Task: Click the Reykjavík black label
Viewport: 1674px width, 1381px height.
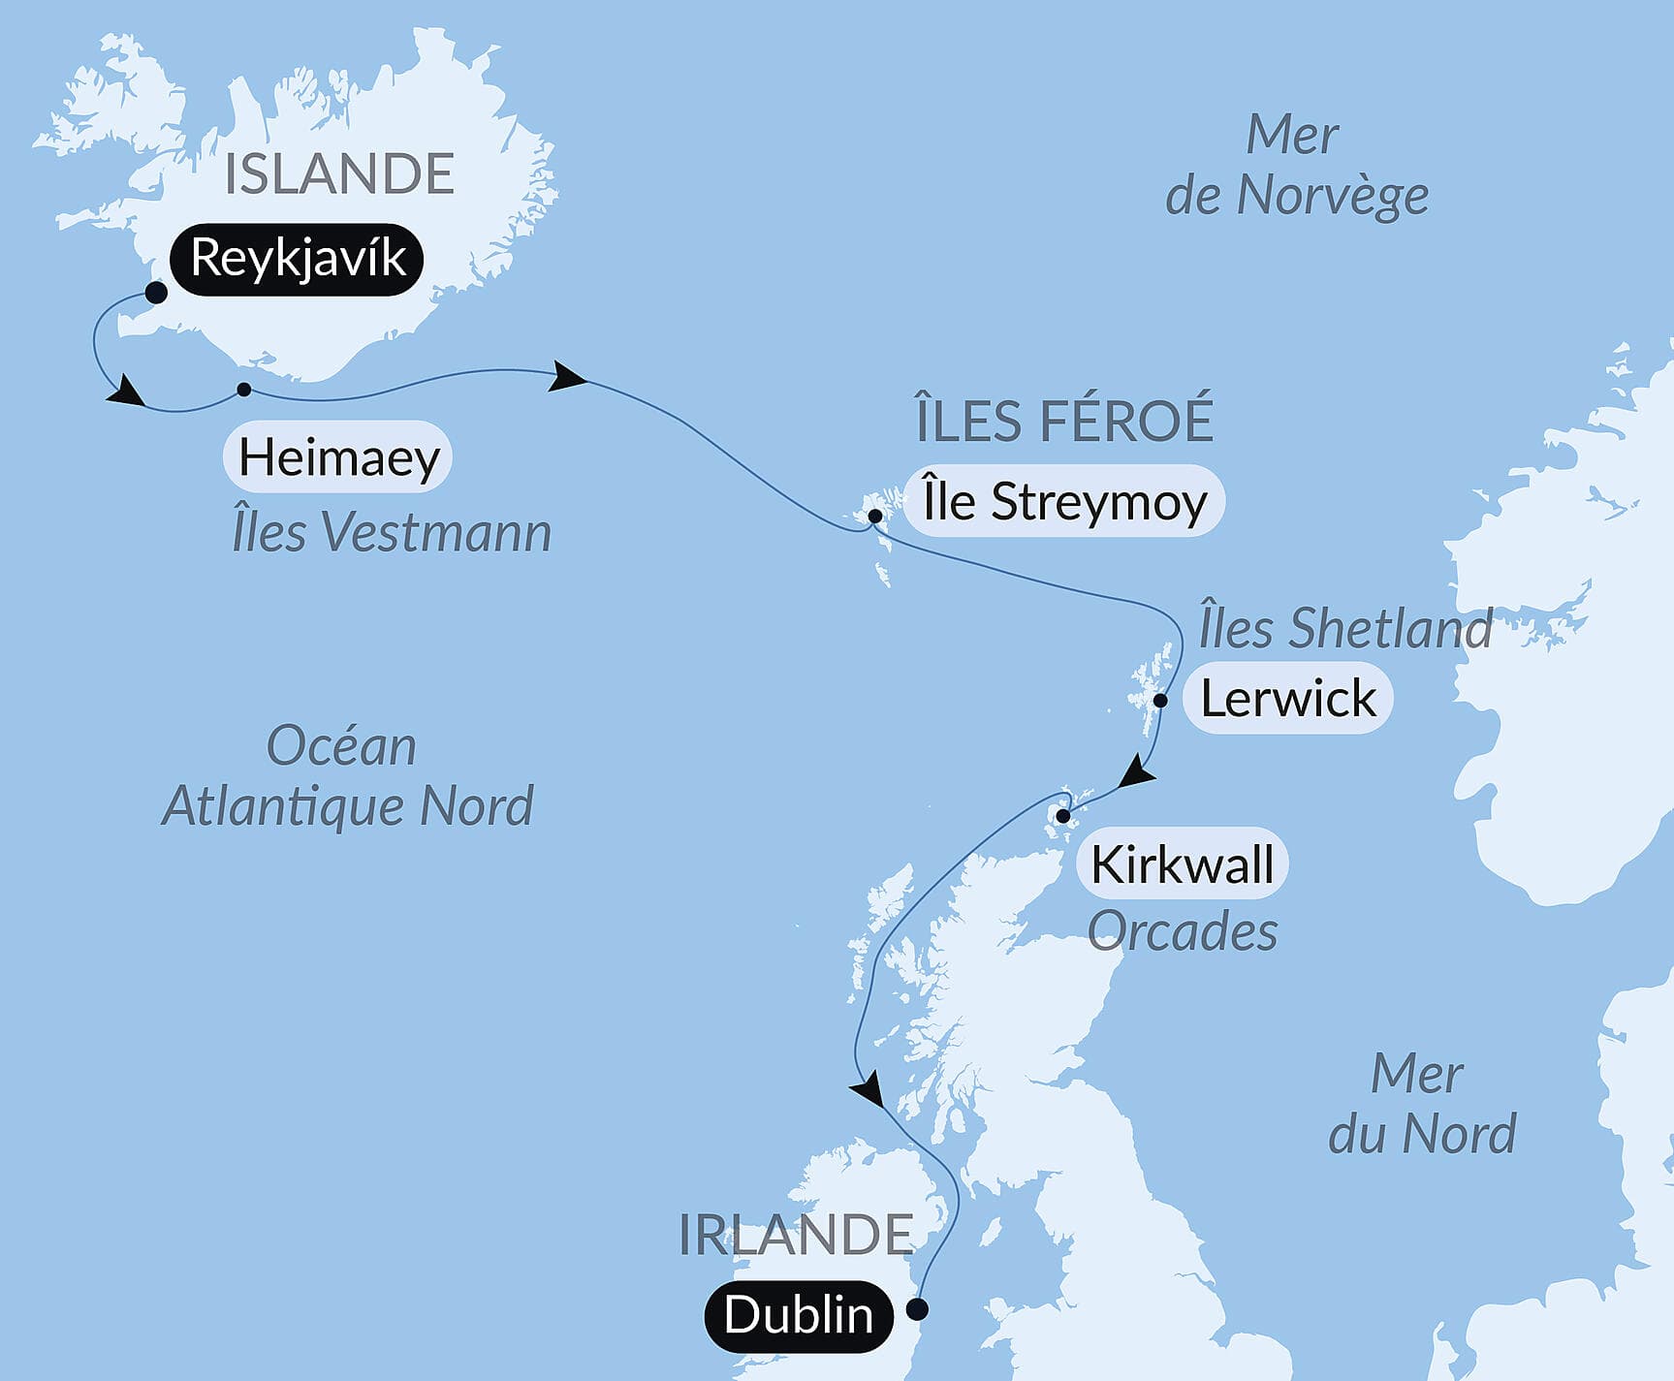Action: [x=297, y=259]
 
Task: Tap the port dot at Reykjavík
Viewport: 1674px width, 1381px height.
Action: [x=155, y=293]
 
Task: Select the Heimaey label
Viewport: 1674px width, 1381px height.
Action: [x=338, y=456]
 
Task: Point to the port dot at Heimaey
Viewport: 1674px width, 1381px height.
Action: [x=244, y=390]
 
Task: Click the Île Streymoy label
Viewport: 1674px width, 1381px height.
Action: [x=1063, y=502]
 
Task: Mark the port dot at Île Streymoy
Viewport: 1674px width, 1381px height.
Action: [x=875, y=517]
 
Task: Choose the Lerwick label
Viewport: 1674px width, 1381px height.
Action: [x=1287, y=699]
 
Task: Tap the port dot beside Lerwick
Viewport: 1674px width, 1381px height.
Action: [x=1160, y=700]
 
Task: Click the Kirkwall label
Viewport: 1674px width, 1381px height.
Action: [x=1182, y=863]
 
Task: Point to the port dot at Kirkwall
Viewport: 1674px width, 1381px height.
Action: [x=1063, y=816]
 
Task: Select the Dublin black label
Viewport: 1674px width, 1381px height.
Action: [x=798, y=1315]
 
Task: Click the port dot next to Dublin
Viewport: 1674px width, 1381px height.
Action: [x=917, y=1310]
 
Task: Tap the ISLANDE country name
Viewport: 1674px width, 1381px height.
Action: [x=339, y=174]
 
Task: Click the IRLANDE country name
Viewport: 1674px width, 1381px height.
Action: [x=795, y=1235]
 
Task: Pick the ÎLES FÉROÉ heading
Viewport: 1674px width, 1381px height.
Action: [x=1064, y=420]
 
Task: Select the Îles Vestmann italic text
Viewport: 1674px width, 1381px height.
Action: [x=392, y=532]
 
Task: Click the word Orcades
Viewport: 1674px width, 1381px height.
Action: [x=1182, y=931]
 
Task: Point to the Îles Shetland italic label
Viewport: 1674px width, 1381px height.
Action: [x=1345, y=628]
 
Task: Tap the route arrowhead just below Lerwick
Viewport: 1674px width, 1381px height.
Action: [x=1137, y=775]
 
